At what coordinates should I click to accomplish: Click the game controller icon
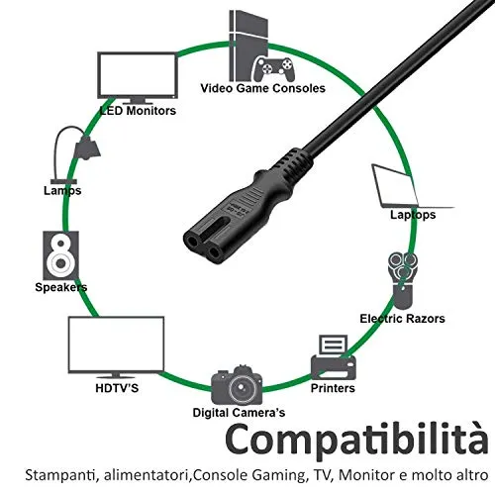[x=274, y=69]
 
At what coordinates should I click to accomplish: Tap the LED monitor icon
[x=138, y=78]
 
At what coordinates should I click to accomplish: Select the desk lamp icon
[x=75, y=154]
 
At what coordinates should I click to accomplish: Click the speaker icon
[x=61, y=255]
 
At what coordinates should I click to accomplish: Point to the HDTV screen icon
[x=116, y=347]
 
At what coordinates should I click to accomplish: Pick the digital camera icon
[x=237, y=385]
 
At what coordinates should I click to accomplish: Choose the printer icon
[x=334, y=357]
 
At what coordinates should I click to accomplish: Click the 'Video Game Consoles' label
[x=262, y=88]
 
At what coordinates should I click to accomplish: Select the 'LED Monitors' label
[x=138, y=111]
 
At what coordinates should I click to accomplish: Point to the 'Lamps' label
[x=62, y=191]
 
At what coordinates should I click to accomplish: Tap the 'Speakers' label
[x=61, y=287]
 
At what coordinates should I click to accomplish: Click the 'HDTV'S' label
[x=117, y=388]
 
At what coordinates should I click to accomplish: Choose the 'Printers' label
[x=333, y=388]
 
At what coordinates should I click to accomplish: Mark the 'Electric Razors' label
[x=402, y=319]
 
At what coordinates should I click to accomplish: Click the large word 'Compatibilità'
[x=356, y=441]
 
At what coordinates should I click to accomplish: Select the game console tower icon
[x=248, y=46]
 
